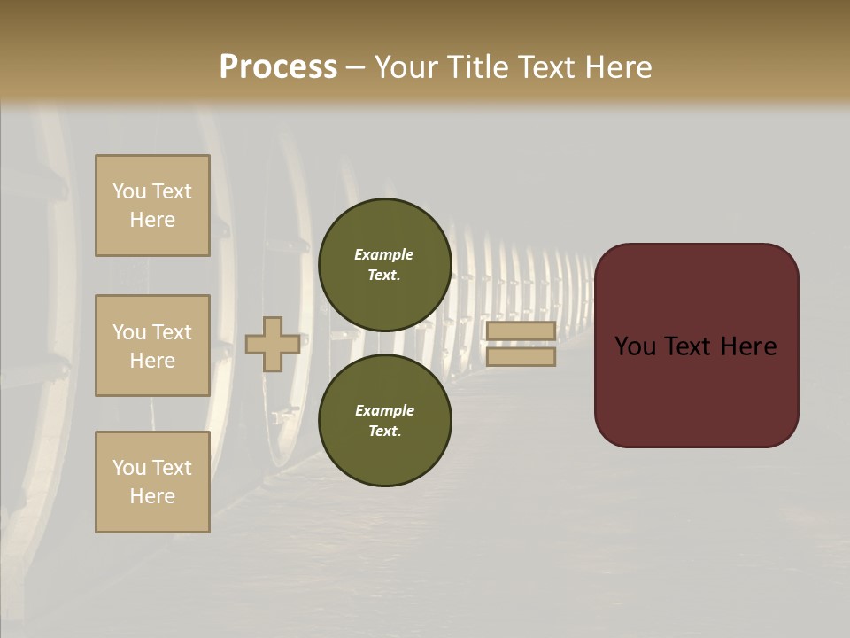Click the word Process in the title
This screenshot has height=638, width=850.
[278, 67]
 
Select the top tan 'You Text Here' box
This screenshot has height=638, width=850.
[152, 206]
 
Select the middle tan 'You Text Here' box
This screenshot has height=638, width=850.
[152, 346]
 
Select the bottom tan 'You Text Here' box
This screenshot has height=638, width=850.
[152, 482]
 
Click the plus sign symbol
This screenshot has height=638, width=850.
[272, 344]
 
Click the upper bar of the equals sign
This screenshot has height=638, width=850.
[521, 331]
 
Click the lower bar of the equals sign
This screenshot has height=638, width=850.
[521, 356]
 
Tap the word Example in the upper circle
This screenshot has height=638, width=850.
[384, 254]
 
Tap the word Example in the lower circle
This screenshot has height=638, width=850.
[384, 410]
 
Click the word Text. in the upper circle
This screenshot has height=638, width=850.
[384, 275]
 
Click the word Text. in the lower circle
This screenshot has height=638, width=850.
[384, 431]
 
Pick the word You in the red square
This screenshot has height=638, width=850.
[636, 346]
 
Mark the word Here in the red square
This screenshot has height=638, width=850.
[748, 346]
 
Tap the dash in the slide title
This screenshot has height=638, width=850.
[355, 68]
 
